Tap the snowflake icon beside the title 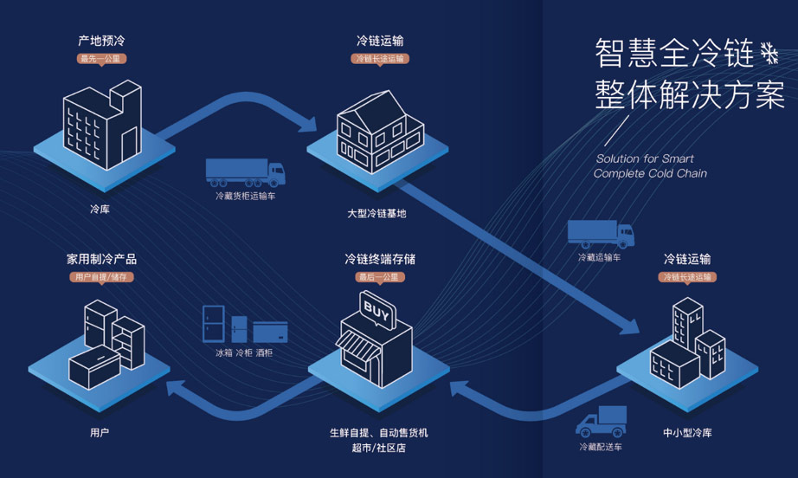pyautogui.click(x=769, y=54)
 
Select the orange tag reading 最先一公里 pyautogui.click(x=101, y=59)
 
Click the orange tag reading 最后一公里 pyautogui.click(x=379, y=277)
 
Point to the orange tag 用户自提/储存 pyautogui.click(x=100, y=277)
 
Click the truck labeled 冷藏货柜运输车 pyautogui.click(x=245, y=172)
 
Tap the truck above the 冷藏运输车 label pyautogui.click(x=601, y=234)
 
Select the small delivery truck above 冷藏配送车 pyautogui.click(x=601, y=422)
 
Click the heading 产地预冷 pyautogui.click(x=101, y=41)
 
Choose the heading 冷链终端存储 pyautogui.click(x=380, y=259)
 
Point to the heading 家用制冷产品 pyautogui.click(x=101, y=259)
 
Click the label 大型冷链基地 pyautogui.click(x=376, y=214)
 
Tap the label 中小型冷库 pyautogui.click(x=687, y=433)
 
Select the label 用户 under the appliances pyautogui.click(x=100, y=433)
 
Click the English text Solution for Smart pyautogui.click(x=644, y=158)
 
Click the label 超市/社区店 pyautogui.click(x=378, y=448)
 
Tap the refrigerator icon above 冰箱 pyautogui.click(x=213, y=324)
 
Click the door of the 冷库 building pyautogui.click(x=129, y=145)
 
